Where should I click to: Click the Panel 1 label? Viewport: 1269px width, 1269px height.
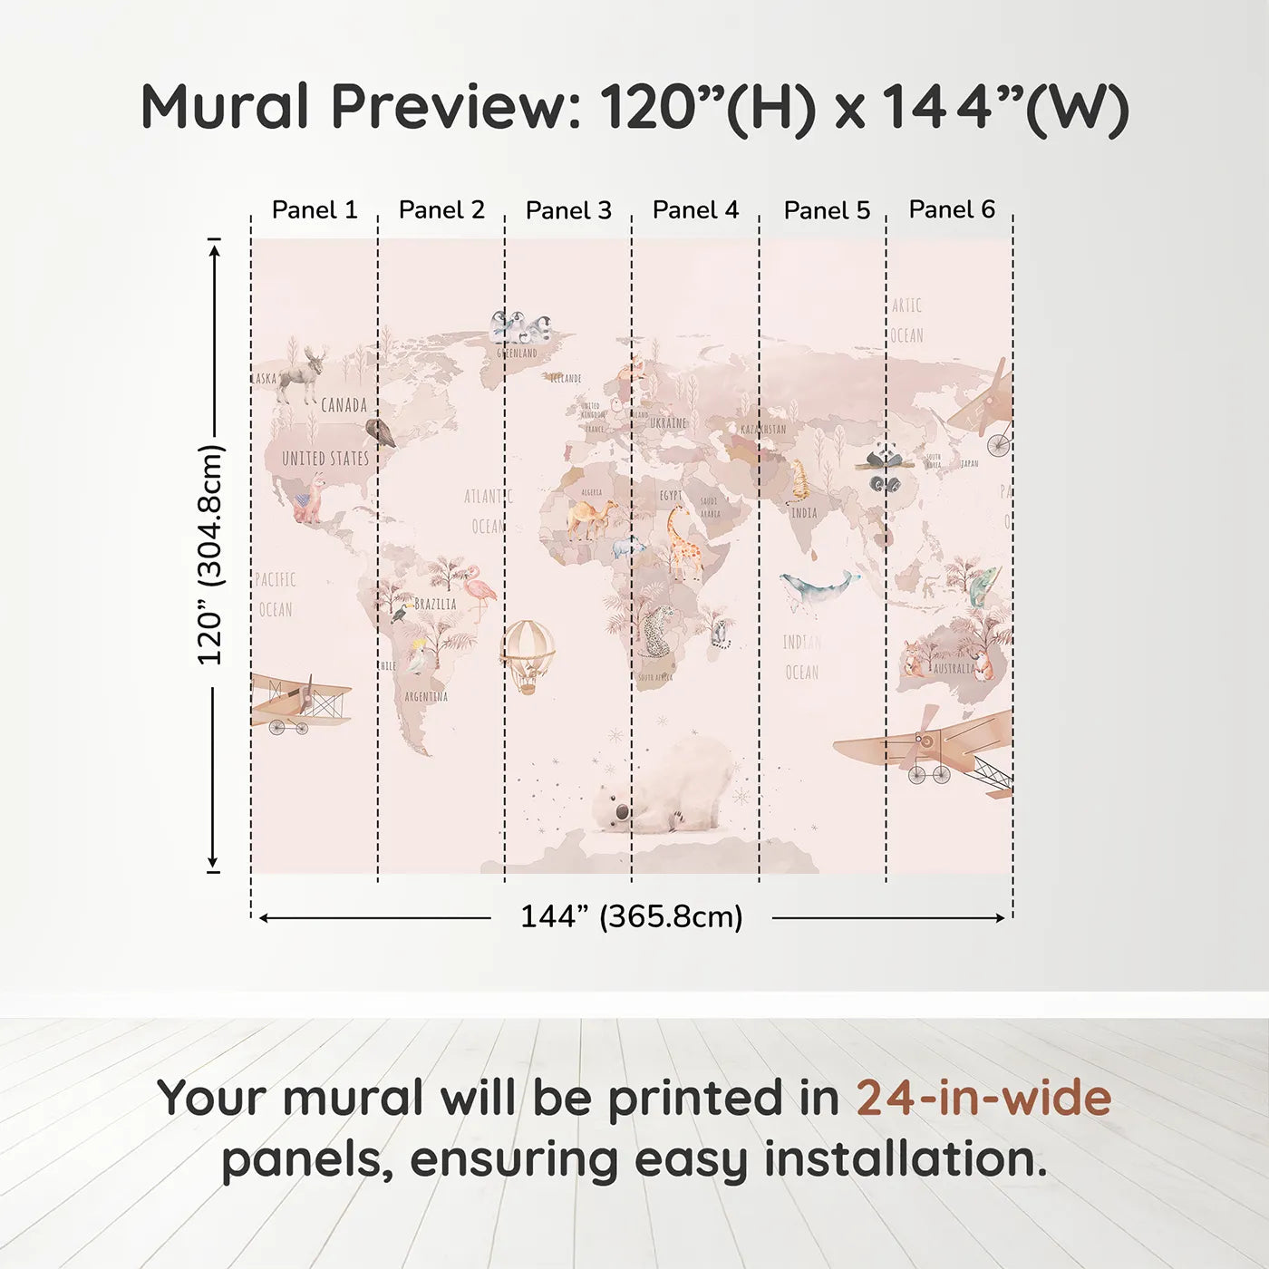point(315,210)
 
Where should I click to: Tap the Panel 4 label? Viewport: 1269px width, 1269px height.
point(695,210)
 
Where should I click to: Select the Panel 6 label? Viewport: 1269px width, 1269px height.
point(952,209)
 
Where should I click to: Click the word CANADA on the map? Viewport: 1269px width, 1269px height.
point(344,405)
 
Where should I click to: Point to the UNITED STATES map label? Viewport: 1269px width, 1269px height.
point(325,459)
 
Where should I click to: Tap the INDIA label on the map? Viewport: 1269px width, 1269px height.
point(804,513)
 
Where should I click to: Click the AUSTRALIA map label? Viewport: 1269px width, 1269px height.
point(954,669)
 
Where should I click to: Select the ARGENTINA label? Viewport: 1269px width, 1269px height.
point(426,697)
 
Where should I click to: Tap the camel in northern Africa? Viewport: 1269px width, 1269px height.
point(591,518)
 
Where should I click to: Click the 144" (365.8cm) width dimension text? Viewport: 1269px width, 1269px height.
point(631,917)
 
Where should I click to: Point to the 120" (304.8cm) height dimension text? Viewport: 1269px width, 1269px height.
point(210,555)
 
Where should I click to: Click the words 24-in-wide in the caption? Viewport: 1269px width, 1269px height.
point(983,1099)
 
